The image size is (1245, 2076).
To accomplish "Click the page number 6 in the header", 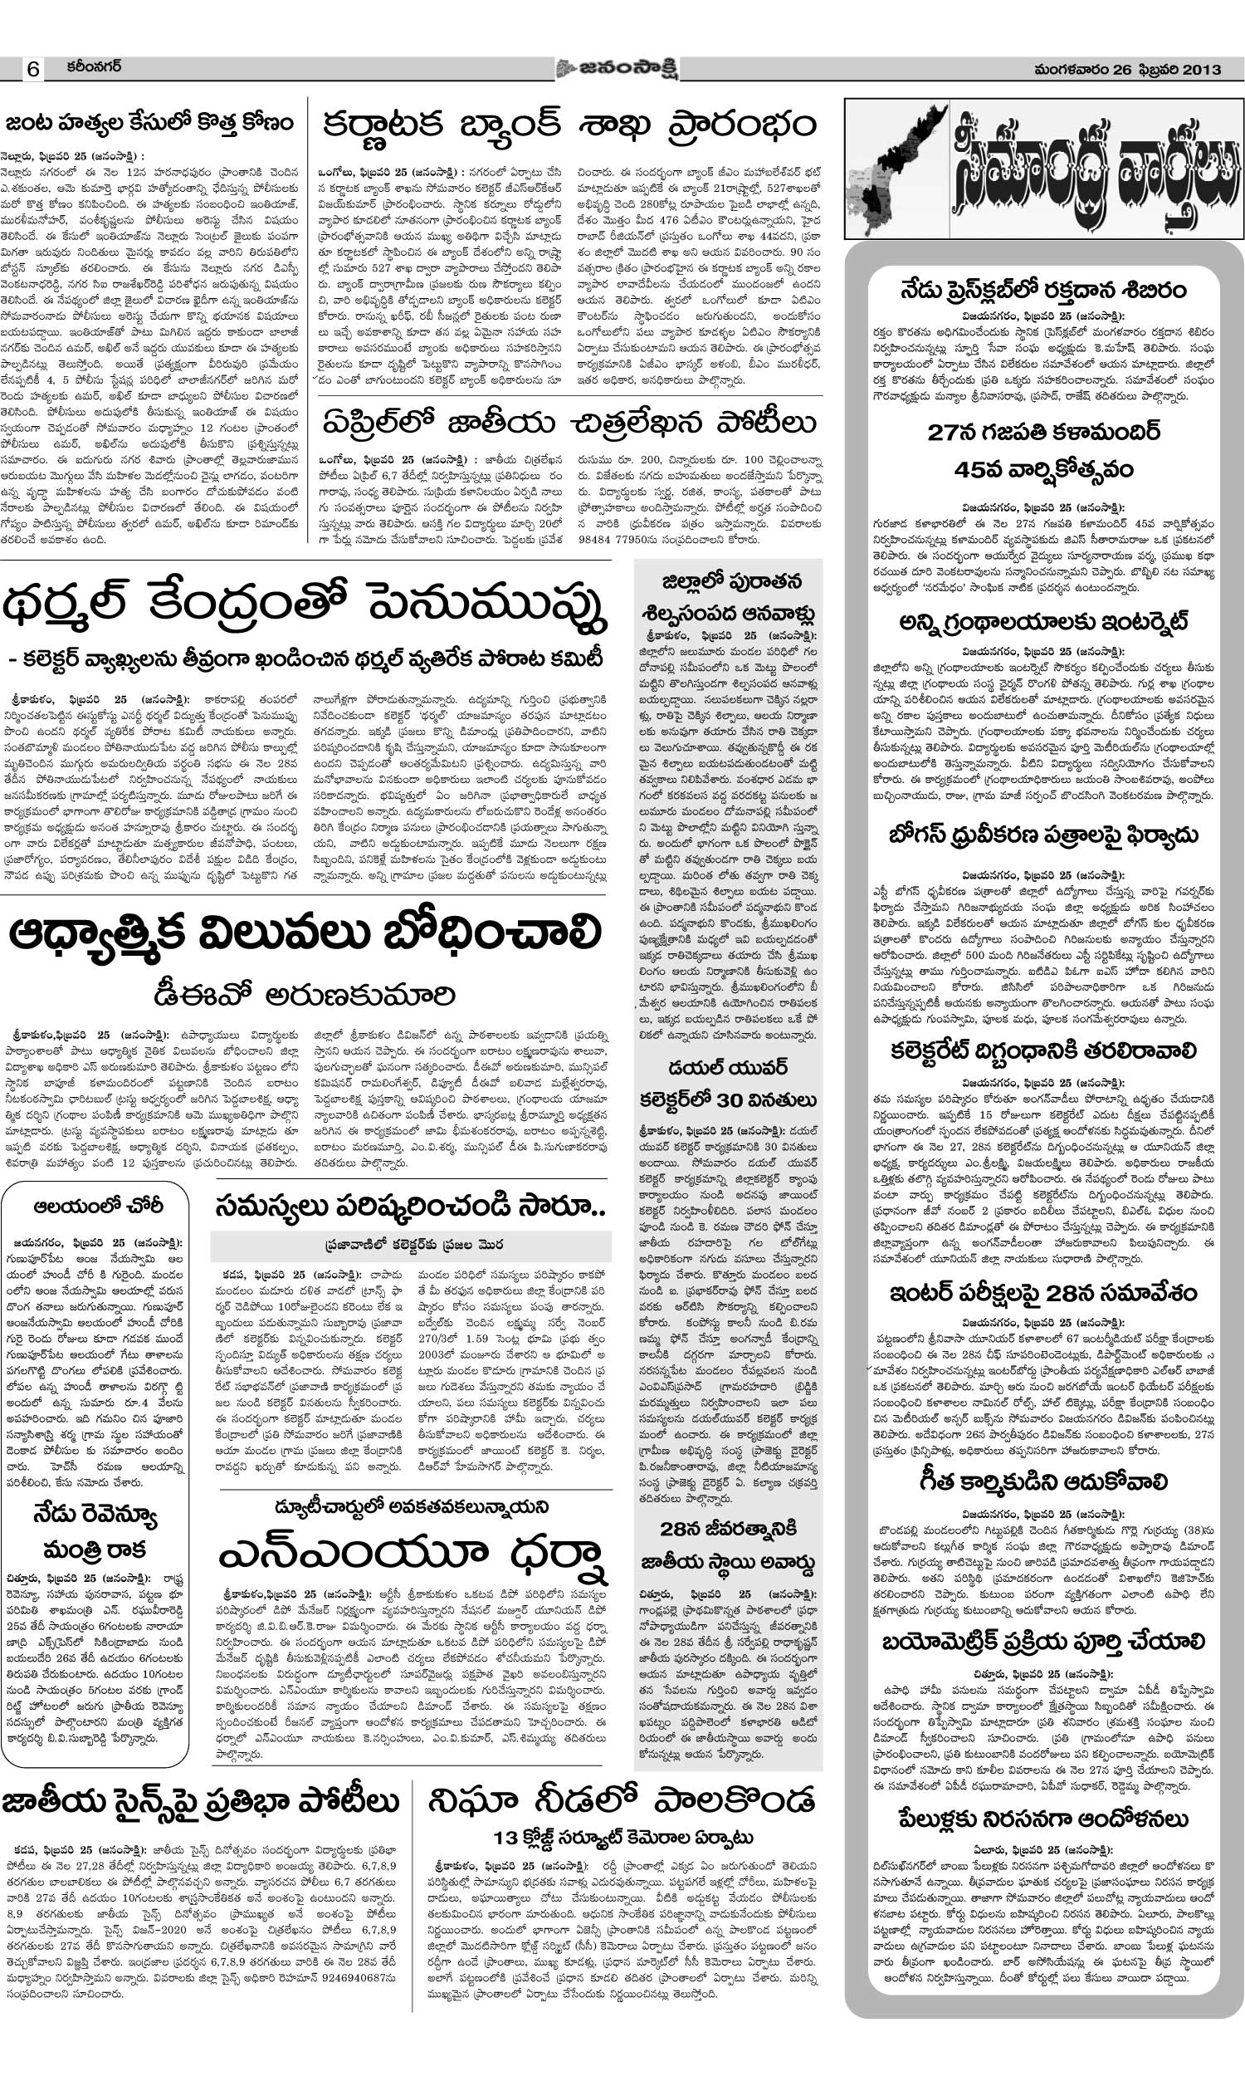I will click(32, 70).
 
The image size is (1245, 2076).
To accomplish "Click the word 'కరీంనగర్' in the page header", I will click(95, 67).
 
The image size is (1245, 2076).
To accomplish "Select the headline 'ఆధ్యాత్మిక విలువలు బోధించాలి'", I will click(305, 936).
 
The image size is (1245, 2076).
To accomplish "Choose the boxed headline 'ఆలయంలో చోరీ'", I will click(99, 1207).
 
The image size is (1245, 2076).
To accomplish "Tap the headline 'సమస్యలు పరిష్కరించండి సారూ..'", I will click(409, 1205).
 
